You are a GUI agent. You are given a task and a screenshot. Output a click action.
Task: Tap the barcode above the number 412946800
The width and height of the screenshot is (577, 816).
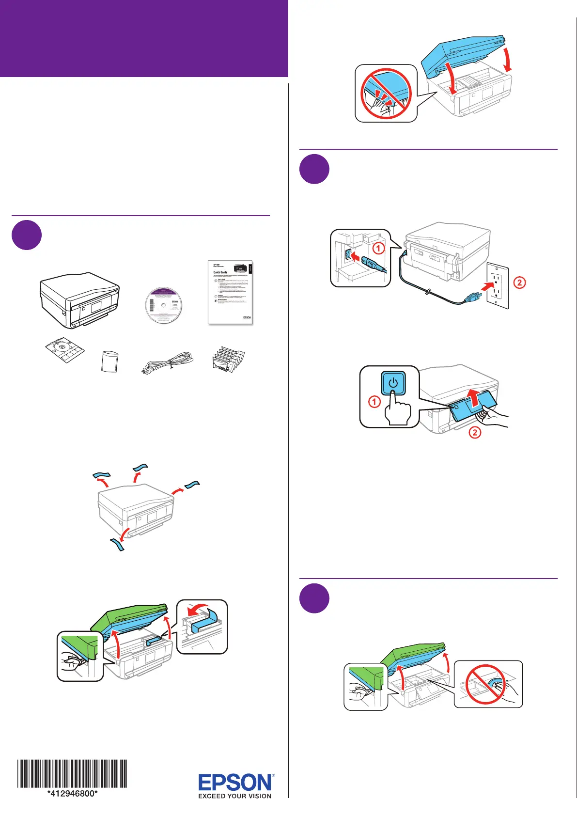point(73,773)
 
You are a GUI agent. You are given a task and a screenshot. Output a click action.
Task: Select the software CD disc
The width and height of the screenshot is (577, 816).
point(163,305)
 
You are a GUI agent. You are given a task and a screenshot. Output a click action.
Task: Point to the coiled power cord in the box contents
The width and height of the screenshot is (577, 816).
point(167,363)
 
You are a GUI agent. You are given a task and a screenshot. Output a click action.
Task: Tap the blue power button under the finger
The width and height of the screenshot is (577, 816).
point(393,383)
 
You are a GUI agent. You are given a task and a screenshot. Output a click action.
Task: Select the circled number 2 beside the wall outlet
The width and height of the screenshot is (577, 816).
point(519,282)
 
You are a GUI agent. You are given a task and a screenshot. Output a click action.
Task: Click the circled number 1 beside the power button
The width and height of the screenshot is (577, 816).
point(374,402)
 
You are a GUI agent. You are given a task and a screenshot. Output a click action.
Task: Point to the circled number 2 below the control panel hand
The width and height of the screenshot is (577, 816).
point(475,432)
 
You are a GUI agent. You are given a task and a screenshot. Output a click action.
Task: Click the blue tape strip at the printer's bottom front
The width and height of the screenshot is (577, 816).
point(117,544)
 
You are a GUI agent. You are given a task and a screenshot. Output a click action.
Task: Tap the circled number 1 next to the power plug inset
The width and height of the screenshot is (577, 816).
point(378,249)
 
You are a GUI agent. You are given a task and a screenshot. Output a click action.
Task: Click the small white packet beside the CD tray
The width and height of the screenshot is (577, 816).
point(110,361)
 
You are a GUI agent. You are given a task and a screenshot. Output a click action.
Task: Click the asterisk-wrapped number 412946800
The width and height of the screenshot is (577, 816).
point(73,794)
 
